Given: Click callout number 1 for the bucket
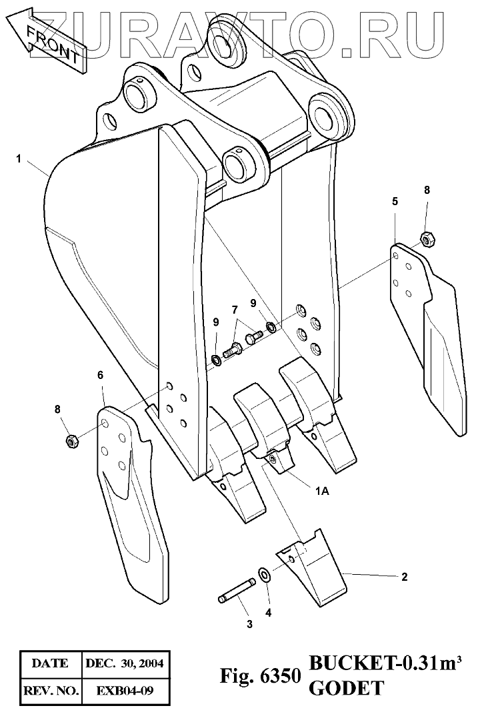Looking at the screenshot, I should click(x=19, y=159).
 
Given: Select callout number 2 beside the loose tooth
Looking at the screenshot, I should click(x=404, y=577).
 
